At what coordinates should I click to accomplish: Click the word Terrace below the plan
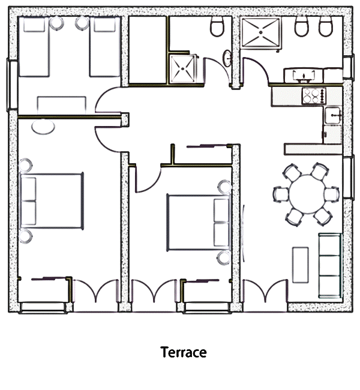tap(184, 352)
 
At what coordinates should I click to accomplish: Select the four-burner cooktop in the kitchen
tap(314, 96)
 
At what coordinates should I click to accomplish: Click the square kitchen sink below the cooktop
tap(333, 115)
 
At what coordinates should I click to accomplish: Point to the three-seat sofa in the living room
tap(331, 266)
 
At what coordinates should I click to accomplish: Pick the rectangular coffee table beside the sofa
tap(301, 265)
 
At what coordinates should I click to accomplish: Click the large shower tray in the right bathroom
tap(261, 32)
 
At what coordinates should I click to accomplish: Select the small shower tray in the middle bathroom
tap(183, 68)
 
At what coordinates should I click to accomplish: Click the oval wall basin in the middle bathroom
tap(227, 58)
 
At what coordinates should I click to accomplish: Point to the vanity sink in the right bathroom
tap(304, 76)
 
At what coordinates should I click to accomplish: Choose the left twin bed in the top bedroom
tap(34, 47)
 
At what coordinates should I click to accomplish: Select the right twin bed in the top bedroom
tap(105, 47)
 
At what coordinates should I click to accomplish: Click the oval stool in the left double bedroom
tap(43, 127)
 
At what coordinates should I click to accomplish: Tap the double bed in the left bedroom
tap(52, 201)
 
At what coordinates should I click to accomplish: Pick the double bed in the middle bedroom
tap(198, 223)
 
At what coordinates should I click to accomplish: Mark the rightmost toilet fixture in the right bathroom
tap(326, 26)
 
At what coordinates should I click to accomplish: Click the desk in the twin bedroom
tap(62, 105)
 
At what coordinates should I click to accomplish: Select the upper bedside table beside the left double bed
tap(25, 165)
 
